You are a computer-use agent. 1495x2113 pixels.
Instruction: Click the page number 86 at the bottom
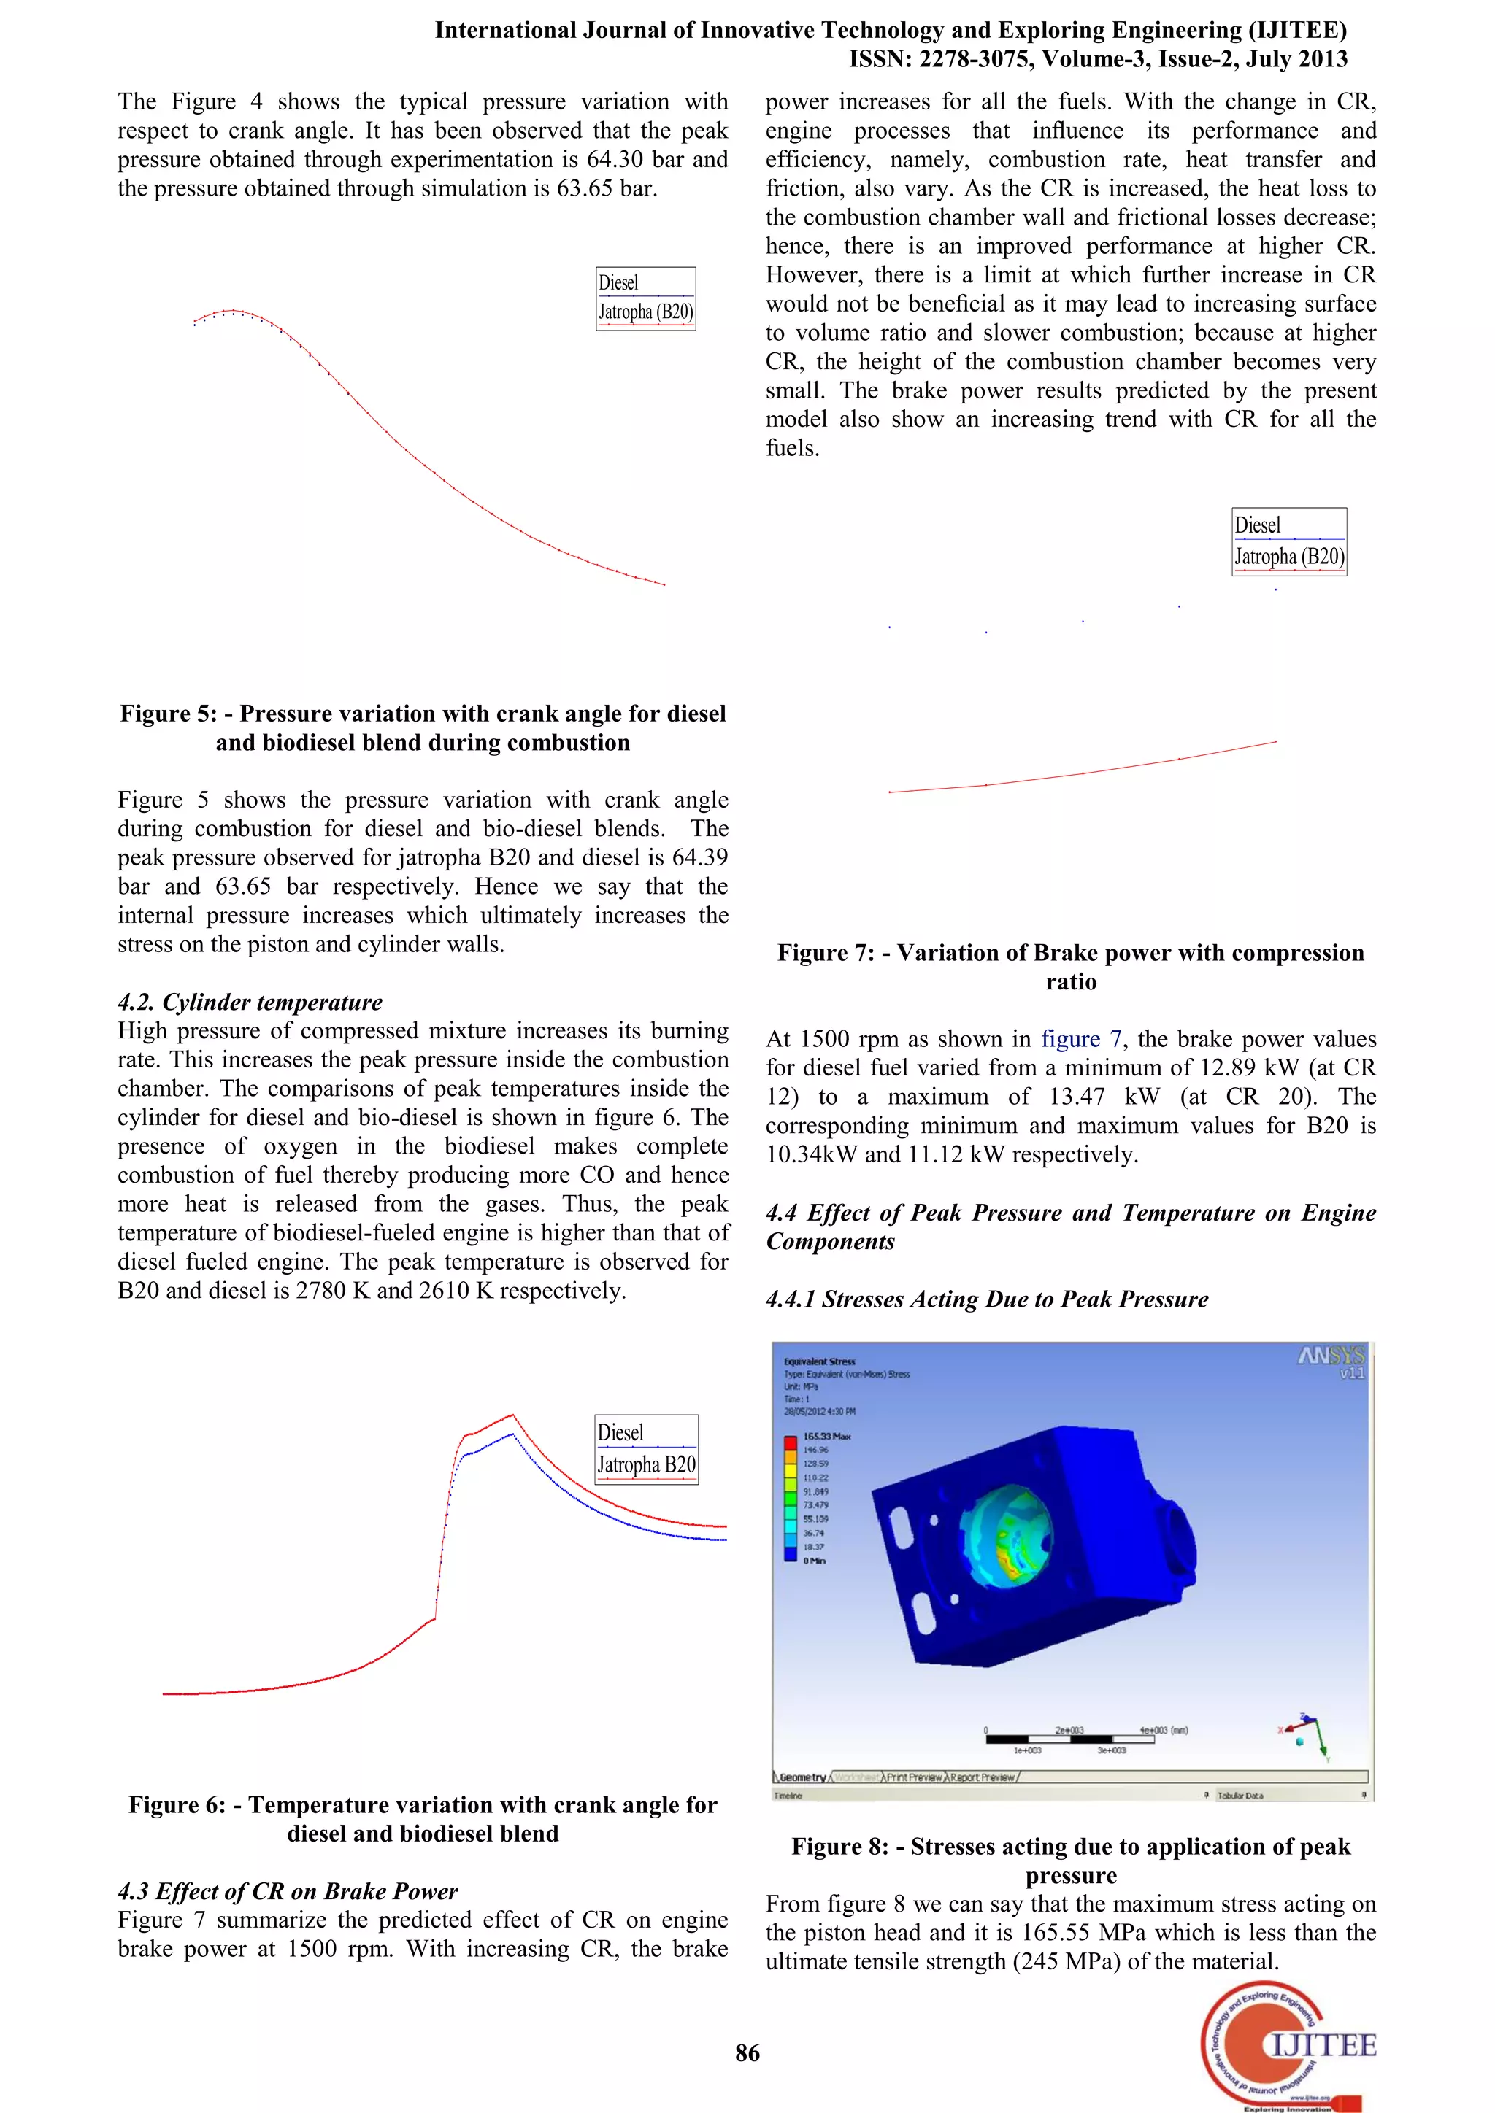pos(747,2052)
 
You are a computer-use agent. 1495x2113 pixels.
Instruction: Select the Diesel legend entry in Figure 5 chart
pos(618,282)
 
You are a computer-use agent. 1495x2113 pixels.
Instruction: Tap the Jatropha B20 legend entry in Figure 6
pos(646,1464)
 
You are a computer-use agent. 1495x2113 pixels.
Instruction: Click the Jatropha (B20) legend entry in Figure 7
pos(1289,557)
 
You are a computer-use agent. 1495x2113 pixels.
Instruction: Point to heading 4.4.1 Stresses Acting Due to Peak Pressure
pos(987,1299)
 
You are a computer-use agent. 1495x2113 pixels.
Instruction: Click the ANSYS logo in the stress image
pos(1331,1356)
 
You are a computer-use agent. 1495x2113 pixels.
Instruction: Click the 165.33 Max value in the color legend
pos(826,1436)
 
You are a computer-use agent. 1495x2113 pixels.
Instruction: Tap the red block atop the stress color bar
pos(790,1442)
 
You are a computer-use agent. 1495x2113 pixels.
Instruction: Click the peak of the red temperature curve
pos(512,1415)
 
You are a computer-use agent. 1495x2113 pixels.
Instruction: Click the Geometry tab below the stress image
pos(802,1777)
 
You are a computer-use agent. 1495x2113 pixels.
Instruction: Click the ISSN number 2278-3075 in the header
pos(977,59)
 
